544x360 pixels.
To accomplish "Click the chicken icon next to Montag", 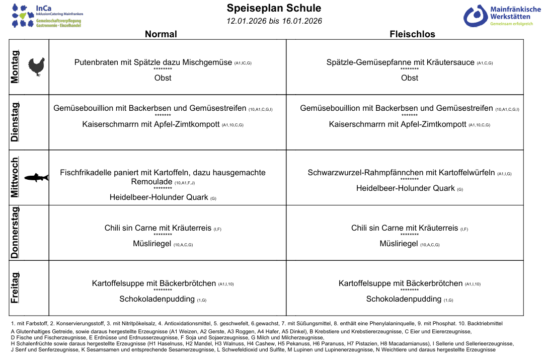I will click(x=37, y=66).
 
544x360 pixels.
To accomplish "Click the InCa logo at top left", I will click(x=48, y=16).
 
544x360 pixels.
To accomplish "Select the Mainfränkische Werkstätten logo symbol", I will click(x=475, y=16).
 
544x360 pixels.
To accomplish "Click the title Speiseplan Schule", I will click(x=274, y=8).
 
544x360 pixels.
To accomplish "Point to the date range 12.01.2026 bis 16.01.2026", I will click(x=274, y=21).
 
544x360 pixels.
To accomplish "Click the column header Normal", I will click(x=161, y=34).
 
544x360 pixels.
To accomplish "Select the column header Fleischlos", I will click(x=412, y=34).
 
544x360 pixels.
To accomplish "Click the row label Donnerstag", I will click(x=15, y=232).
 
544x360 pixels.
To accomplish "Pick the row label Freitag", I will click(x=15, y=287).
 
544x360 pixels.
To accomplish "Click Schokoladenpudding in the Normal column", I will click(x=157, y=299).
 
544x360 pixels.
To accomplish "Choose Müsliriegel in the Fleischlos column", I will click(x=399, y=244).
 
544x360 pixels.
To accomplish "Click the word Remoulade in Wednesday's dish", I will click(x=151, y=182).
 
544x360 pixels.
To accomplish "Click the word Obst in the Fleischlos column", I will click(x=410, y=78).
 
